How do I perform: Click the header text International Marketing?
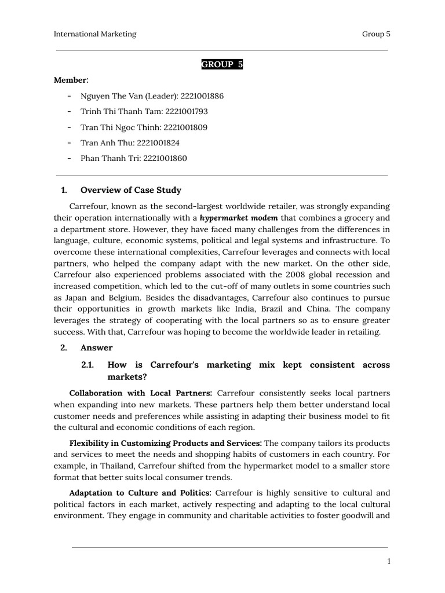click(x=95, y=34)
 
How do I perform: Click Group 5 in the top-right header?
click(x=376, y=34)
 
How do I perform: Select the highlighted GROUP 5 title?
click(x=222, y=64)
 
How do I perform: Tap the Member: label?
click(x=71, y=80)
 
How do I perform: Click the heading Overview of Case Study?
click(x=131, y=190)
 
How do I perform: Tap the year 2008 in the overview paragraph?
click(x=288, y=274)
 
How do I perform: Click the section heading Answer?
click(x=96, y=348)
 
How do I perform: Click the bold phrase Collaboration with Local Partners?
click(x=141, y=393)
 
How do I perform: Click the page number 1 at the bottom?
click(x=389, y=561)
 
